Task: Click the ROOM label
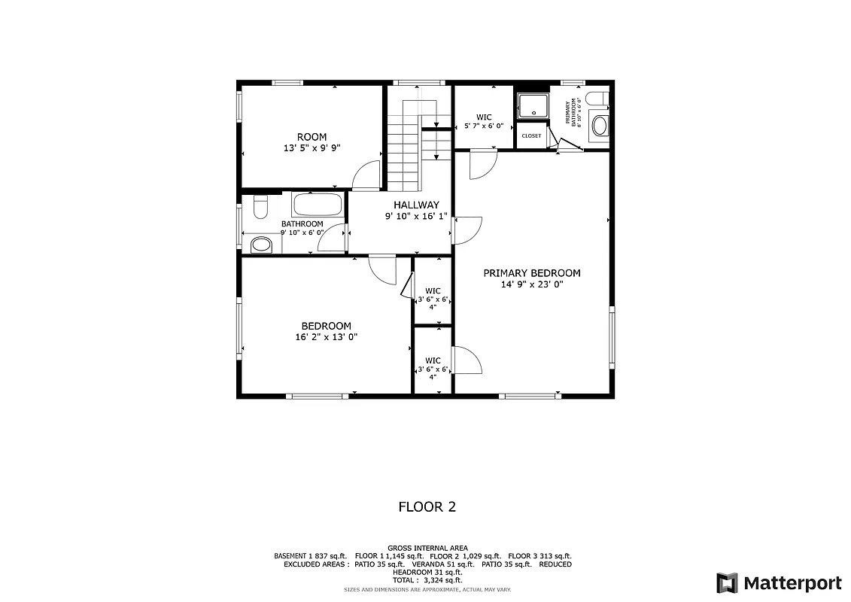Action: (312, 137)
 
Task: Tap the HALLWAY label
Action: (416, 205)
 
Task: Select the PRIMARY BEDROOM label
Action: (531, 273)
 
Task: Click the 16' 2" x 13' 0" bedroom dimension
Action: (326, 337)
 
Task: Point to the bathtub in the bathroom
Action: (317, 205)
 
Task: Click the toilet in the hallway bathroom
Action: (260, 206)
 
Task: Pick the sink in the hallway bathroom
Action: (261, 244)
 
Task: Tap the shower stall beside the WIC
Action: (533, 105)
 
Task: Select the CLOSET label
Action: (531, 136)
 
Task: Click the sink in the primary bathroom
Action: (600, 126)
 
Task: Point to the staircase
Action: (405, 150)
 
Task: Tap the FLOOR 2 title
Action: (427, 507)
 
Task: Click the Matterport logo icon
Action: (726, 583)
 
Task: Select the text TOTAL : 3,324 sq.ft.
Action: (427, 580)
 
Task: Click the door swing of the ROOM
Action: (366, 175)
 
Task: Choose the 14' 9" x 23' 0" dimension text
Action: (531, 284)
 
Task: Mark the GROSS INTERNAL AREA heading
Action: (427, 548)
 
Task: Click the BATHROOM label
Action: (302, 224)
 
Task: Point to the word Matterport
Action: (792, 583)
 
